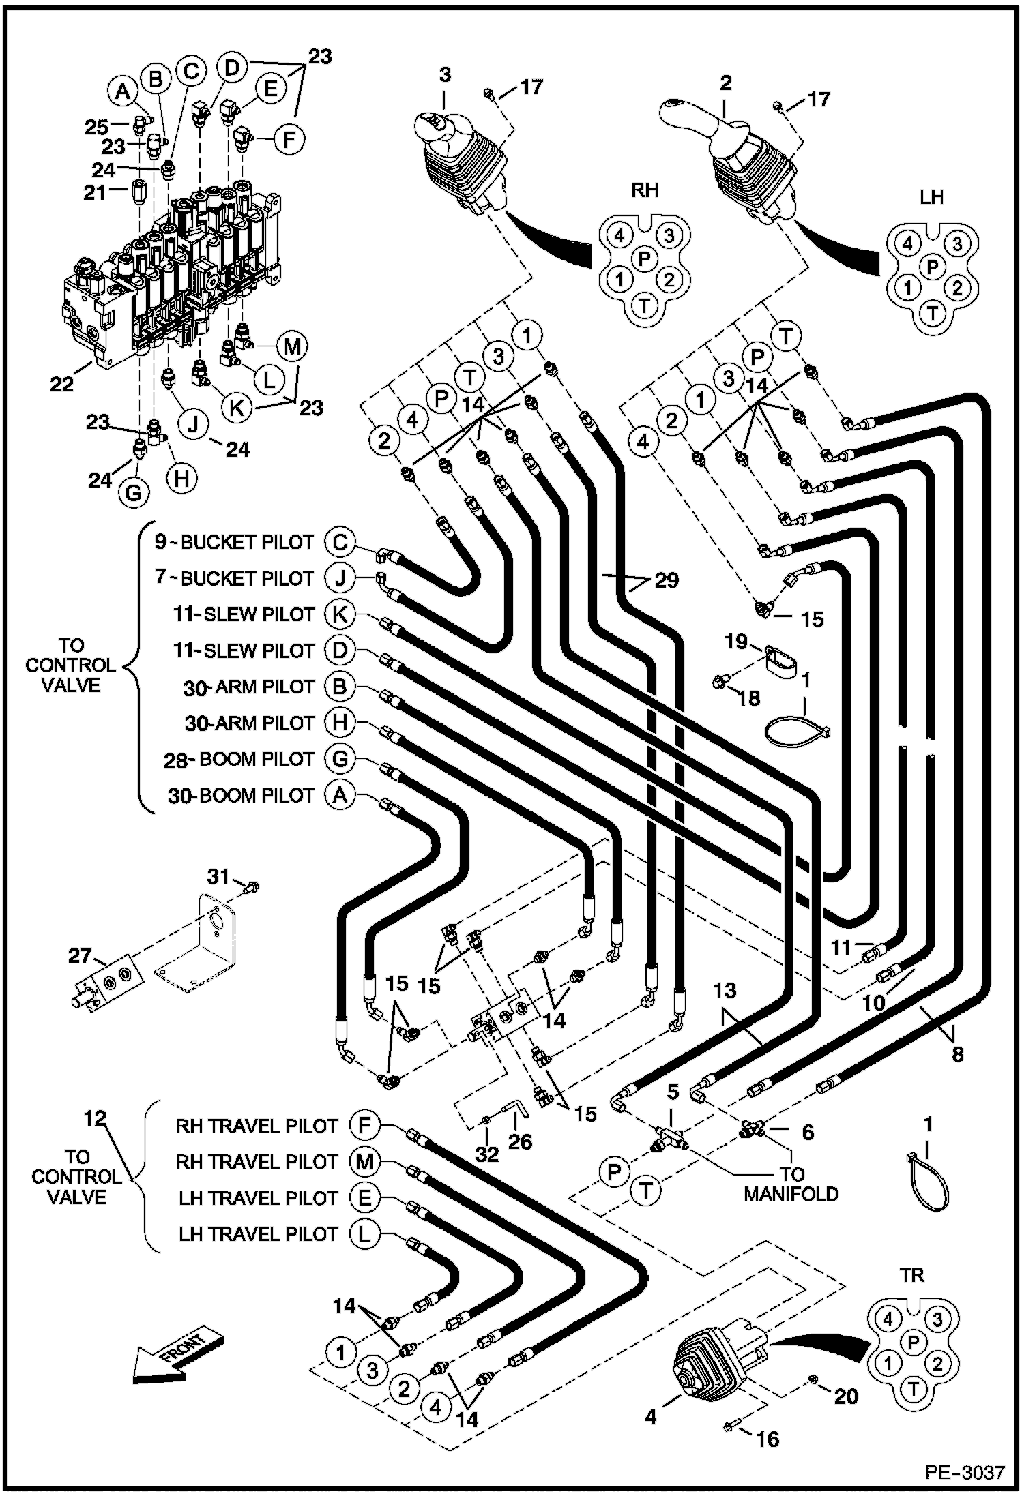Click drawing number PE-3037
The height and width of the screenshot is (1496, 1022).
click(965, 1471)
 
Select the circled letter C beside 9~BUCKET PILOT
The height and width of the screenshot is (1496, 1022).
click(340, 542)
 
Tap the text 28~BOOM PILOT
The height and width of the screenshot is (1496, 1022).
click(239, 760)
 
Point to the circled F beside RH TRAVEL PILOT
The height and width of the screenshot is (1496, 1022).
click(364, 1125)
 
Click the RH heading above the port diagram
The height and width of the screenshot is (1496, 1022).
click(644, 190)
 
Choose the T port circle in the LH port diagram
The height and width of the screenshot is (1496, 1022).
click(932, 313)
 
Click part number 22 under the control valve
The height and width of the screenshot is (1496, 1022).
click(62, 384)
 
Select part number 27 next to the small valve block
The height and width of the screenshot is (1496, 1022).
click(80, 955)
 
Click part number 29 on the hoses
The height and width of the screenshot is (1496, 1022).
click(666, 580)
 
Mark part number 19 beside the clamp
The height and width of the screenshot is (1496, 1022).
click(736, 642)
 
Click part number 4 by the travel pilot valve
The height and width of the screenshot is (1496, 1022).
click(651, 1417)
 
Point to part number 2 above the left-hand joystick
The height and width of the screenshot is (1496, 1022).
click(725, 83)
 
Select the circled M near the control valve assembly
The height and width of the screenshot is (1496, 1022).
click(292, 346)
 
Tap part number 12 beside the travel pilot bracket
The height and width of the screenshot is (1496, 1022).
click(96, 1118)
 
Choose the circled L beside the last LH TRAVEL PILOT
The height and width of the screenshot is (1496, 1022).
click(364, 1233)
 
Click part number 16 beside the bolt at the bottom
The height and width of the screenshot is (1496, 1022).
click(768, 1439)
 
